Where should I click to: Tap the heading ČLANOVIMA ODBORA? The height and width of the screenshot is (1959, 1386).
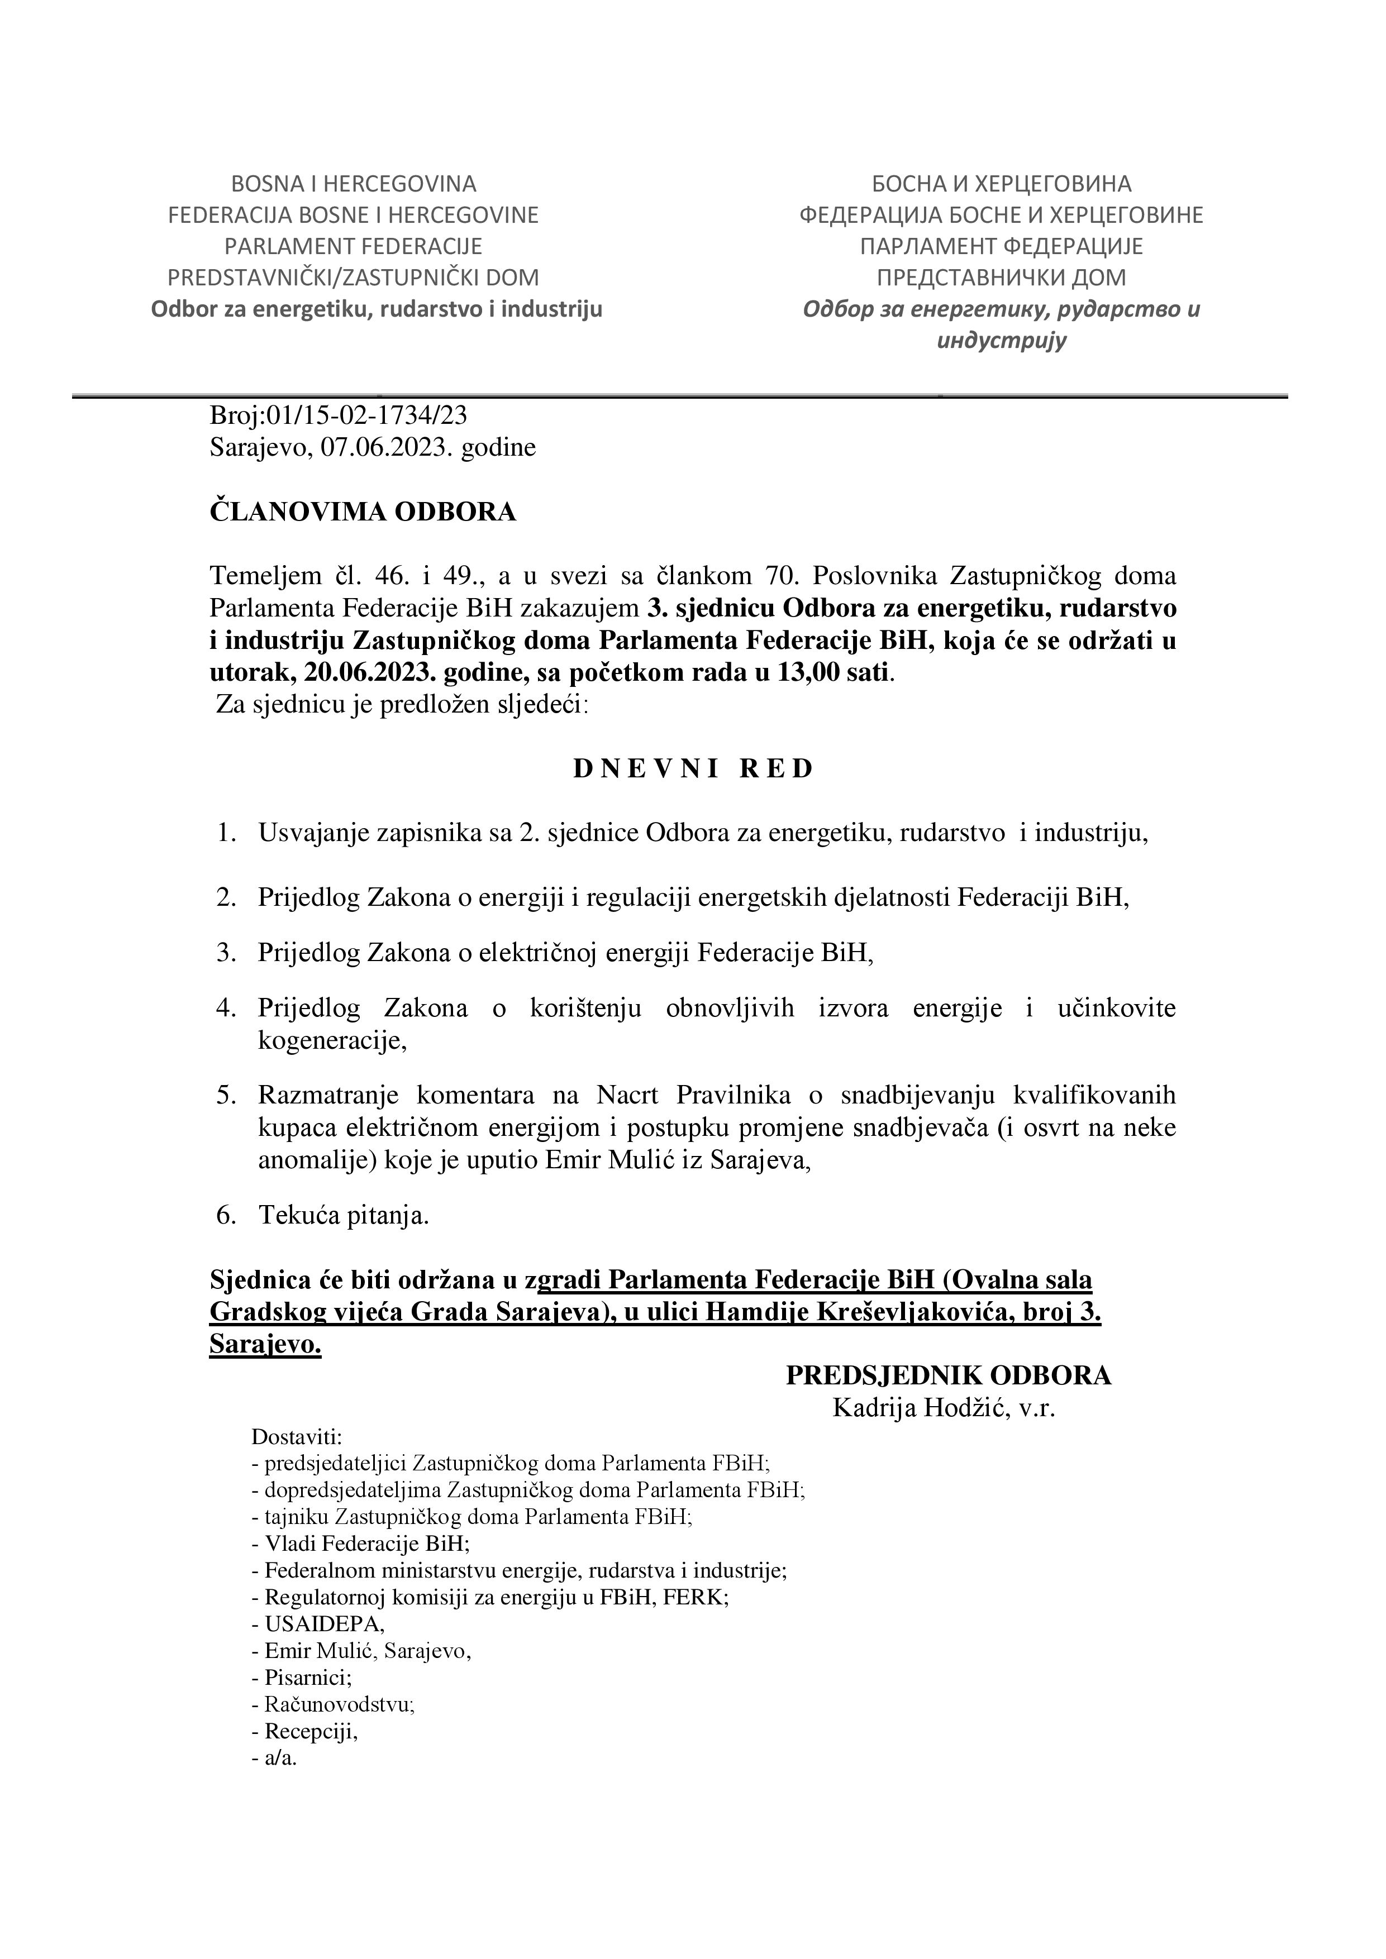[363, 512]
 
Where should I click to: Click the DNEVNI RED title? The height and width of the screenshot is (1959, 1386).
[693, 769]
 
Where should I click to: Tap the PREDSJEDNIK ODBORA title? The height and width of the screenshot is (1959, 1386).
[948, 1375]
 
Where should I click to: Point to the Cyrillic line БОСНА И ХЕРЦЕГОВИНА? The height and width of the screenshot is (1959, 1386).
[1001, 183]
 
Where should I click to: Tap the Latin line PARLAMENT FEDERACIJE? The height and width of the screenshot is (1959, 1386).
[353, 247]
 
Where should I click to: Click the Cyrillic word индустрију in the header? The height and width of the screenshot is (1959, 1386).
[1001, 341]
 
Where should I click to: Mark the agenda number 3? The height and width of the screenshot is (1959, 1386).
[227, 952]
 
